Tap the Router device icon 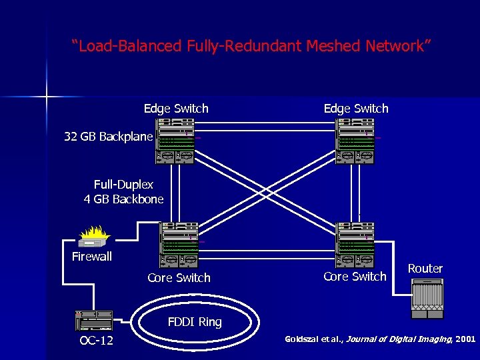[427, 299]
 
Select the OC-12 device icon [94, 321]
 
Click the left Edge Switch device [175, 141]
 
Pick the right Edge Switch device [355, 141]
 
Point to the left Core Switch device [179, 245]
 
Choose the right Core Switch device [355, 245]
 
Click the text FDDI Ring [195, 322]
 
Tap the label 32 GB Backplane [109, 137]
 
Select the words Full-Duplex [123, 185]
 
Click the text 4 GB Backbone [123, 199]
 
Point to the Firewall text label [92, 257]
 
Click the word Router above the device [425, 269]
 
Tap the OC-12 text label [96, 341]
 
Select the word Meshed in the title [333, 45]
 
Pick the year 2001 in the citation [465, 339]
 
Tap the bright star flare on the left [47, 97]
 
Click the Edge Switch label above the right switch [356, 109]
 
